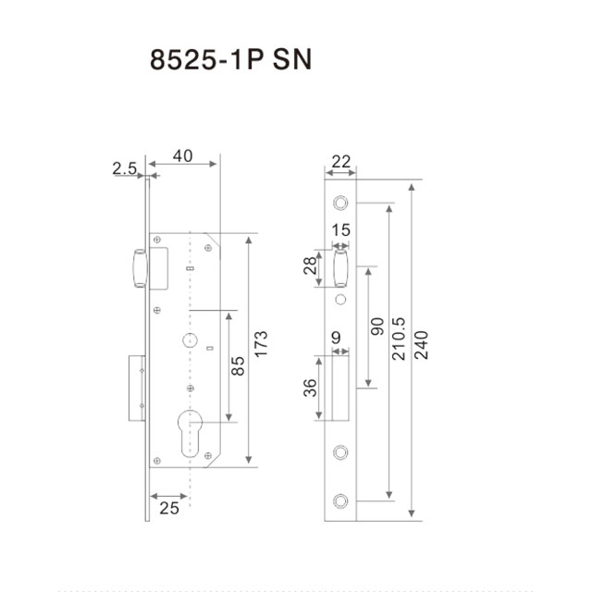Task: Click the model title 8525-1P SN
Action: (x=230, y=59)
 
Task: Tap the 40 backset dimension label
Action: (x=183, y=156)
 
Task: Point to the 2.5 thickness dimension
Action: (x=125, y=168)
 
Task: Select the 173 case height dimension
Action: (x=261, y=344)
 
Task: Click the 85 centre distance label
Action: (x=238, y=366)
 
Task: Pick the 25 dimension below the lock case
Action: (x=169, y=508)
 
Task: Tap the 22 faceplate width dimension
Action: (x=341, y=162)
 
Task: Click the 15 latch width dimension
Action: (x=341, y=230)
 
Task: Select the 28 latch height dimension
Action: (x=310, y=265)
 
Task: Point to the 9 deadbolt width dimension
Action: (x=336, y=338)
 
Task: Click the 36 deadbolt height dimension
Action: (x=310, y=388)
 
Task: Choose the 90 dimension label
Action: (x=377, y=327)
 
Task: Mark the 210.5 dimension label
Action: (x=399, y=339)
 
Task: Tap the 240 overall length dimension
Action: (x=422, y=345)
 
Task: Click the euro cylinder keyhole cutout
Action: (x=190, y=433)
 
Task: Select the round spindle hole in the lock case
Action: (x=190, y=340)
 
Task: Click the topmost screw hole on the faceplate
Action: (x=340, y=203)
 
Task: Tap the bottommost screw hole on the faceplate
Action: (x=340, y=501)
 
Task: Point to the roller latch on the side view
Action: (x=140, y=268)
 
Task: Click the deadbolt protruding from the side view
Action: (x=137, y=388)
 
